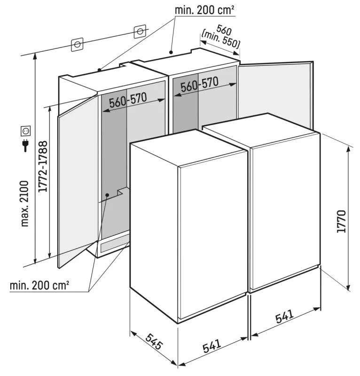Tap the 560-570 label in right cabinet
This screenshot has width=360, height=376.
click(200, 85)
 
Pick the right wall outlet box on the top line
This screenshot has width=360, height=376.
click(140, 31)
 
